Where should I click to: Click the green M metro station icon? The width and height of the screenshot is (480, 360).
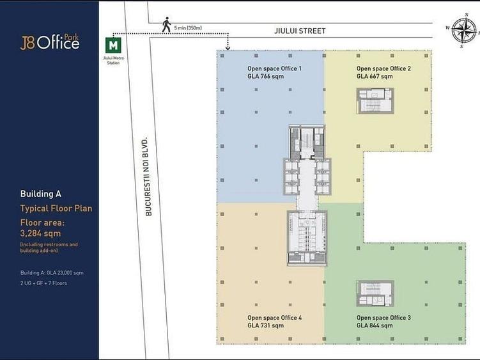pyautogui.click(x=113, y=45)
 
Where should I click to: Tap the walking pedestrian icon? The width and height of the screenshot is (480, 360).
pyautogui.click(x=167, y=25)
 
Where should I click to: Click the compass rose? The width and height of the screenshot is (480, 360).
pyautogui.click(x=464, y=31)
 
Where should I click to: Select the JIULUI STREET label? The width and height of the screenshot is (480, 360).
pyautogui.click(x=300, y=31)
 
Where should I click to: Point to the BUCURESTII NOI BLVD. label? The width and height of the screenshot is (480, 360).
pyautogui.click(x=148, y=176)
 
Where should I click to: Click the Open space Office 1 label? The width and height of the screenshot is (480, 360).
pyautogui.click(x=274, y=68)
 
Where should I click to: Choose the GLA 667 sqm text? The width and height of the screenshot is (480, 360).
pyautogui.click(x=375, y=76)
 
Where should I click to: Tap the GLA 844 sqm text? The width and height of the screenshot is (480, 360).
pyautogui.click(x=375, y=325)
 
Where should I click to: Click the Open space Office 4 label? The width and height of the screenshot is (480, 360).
pyautogui.click(x=275, y=318)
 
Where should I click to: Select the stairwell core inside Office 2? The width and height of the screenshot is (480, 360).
pyautogui.click(x=375, y=101)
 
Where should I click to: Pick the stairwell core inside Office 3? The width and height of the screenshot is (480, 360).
pyautogui.click(x=375, y=293)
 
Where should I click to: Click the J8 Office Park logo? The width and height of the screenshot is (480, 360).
pyautogui.click(x=50, y=42)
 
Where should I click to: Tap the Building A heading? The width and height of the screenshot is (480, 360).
pyautogui.click(x=41, y=194)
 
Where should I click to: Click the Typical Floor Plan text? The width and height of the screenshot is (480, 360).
pyautogui.click(x=56, y=208)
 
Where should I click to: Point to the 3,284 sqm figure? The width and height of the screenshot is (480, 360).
pyautogui.click(x=40, y=233)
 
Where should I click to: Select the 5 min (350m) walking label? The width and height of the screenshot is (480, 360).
pyautogui.click(x=188, y=28)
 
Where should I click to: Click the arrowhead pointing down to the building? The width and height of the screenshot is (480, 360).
pyautogui.click(x=228, y=47)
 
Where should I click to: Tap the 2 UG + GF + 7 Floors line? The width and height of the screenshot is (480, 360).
pyautogui.click(x=43, y=283)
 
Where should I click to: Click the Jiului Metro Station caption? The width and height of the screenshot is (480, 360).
pyautogui.click(x=113, y=60)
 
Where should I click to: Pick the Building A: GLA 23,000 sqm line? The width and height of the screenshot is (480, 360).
pyautogui.click(x=52, y=272)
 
